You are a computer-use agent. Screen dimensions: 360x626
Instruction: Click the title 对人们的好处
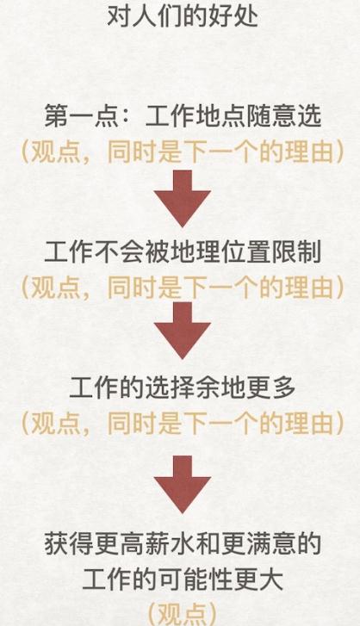click(x=183, y=16)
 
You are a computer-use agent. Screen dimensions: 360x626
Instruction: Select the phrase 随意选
click(x=283, y=116)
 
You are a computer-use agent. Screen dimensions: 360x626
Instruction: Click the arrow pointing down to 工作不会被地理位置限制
click(x=183, y=198)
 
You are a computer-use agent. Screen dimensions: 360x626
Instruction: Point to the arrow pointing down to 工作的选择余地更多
click(x=183, y=330)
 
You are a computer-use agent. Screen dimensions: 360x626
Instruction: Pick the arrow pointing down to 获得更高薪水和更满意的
click(x=183, y=484)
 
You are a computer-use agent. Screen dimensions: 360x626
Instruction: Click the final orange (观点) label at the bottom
click(x=183, y=614)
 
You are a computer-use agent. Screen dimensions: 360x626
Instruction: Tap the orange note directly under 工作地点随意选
click(x=183, y=152)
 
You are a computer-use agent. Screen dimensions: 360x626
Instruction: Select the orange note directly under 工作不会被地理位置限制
click(x=183, y=288)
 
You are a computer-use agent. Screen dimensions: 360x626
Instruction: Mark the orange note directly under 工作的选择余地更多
click(x=183, y=423)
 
